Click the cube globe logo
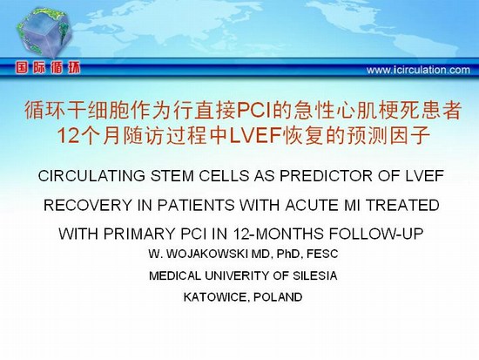(x=44, y=31)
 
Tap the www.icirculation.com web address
(x=418, y=70)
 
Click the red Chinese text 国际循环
(x=48, y=68)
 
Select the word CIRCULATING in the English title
(x=91, y=176)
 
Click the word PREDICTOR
(x=326, y=176)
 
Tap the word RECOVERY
(x=87, y=205)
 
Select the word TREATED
(x=402, y=205)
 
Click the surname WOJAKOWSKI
(x=207, y=254)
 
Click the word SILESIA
(x=315, y=275)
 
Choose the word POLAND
(x=278, y=297)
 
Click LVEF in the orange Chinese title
(x=256, y=136)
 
